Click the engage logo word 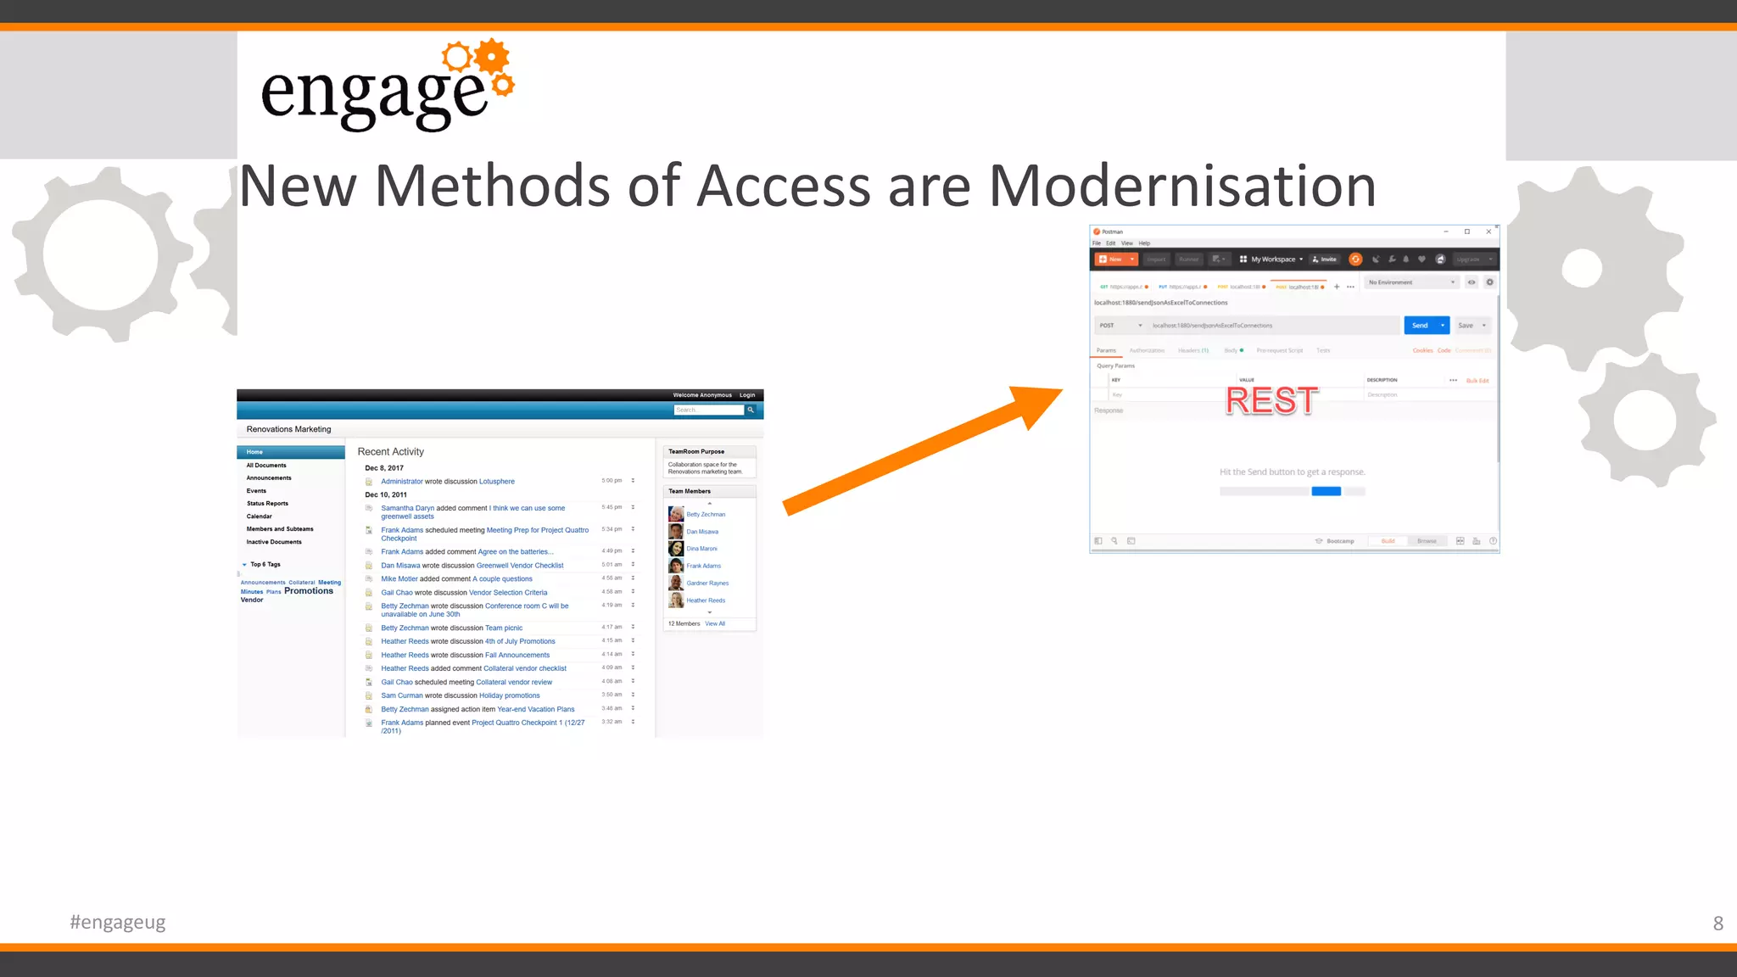coord(374,95)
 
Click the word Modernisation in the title coord(1182,187)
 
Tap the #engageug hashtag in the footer coord(118,922)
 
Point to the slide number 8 coord(1717,923)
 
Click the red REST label coord(1271,400)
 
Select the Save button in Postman coord(1466,326)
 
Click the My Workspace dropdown coord(1272,260)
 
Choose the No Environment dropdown coord(1411,282)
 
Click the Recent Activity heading coord(390,452)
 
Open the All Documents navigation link coord(266,466)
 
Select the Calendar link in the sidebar coord(260,516)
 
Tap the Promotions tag coord(309,591)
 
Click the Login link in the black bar coord(747,395)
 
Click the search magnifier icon coord(751,410)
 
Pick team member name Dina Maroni coord(701,549)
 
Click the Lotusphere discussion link coord(497,482)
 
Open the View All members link coord(715,624)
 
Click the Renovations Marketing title coord(288,429)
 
